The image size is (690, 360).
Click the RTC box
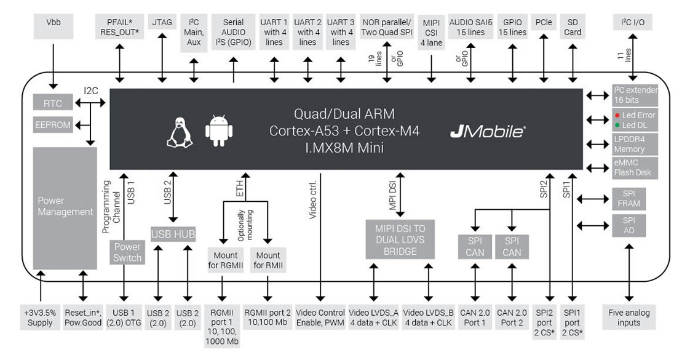[53, 104]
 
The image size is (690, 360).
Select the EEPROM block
[53, 125]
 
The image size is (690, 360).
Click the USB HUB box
[173, 234]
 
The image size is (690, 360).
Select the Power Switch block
[127, 252]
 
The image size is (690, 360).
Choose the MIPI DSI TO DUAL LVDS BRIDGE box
[400, 239]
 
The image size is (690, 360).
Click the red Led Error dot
[617, 115]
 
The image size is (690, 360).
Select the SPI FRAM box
[629, 198]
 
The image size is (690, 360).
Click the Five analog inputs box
[629, 317]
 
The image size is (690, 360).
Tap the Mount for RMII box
[268, 260]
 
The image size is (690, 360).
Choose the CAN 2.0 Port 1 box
[475, 317]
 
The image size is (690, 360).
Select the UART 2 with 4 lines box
[307, 32]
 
